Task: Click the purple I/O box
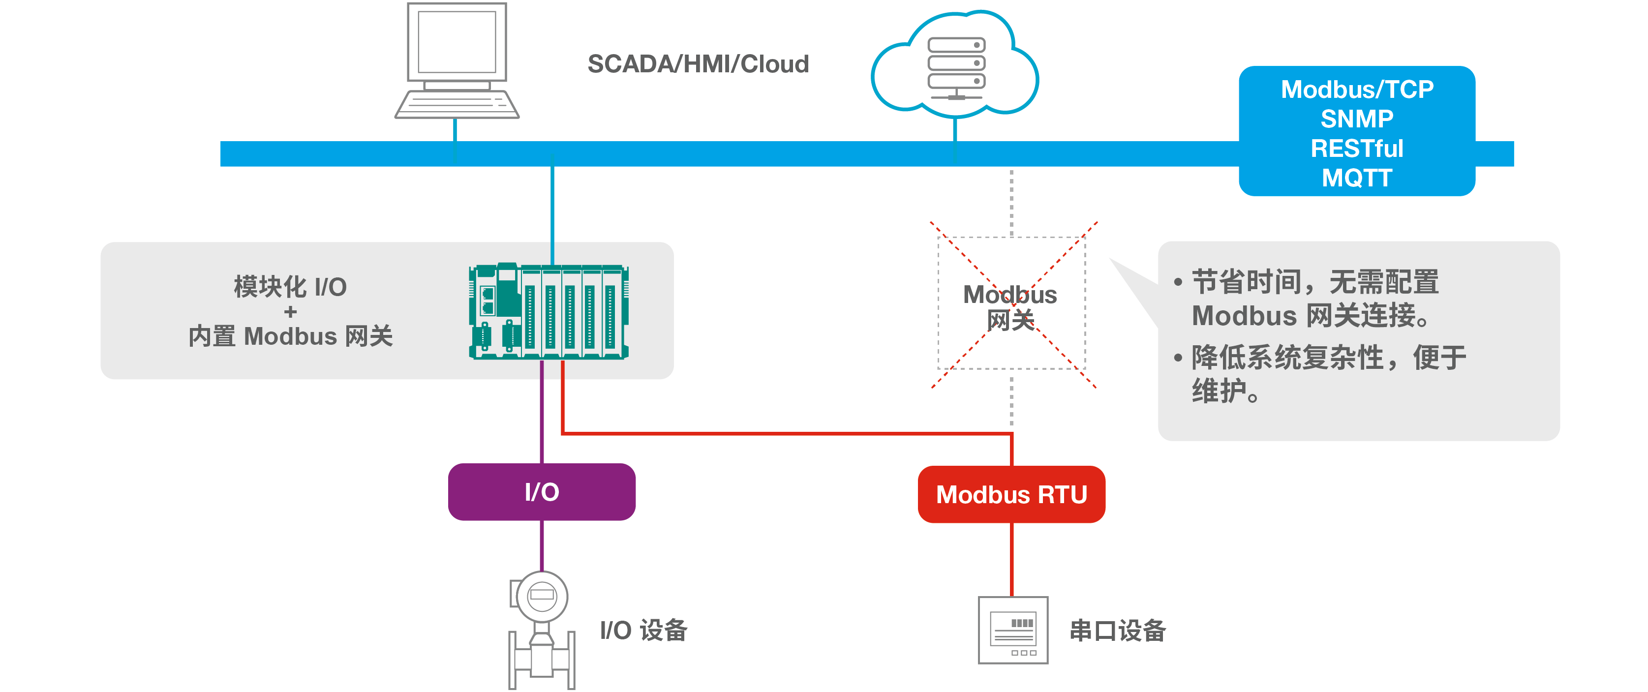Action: click(x=541, y=492)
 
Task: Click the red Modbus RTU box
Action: click(x=1011, y=494)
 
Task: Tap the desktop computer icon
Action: click(x=457, y=61)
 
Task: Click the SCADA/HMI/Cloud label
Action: click(x=698, y=64)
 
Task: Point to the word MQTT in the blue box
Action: click(x=1356, y=178)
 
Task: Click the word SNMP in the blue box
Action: click(x=1356, y=119)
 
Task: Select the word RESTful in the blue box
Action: click(x=1356, y=149)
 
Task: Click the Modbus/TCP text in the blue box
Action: click(x=1356, y=90)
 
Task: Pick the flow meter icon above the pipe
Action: click(x=541, y=596)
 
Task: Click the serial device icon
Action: click(x=1013, y=630)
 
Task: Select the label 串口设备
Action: click(x=1117, y=631)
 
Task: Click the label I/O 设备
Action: click(x=643, y=631)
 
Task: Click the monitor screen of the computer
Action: click(x=457, y=42)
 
